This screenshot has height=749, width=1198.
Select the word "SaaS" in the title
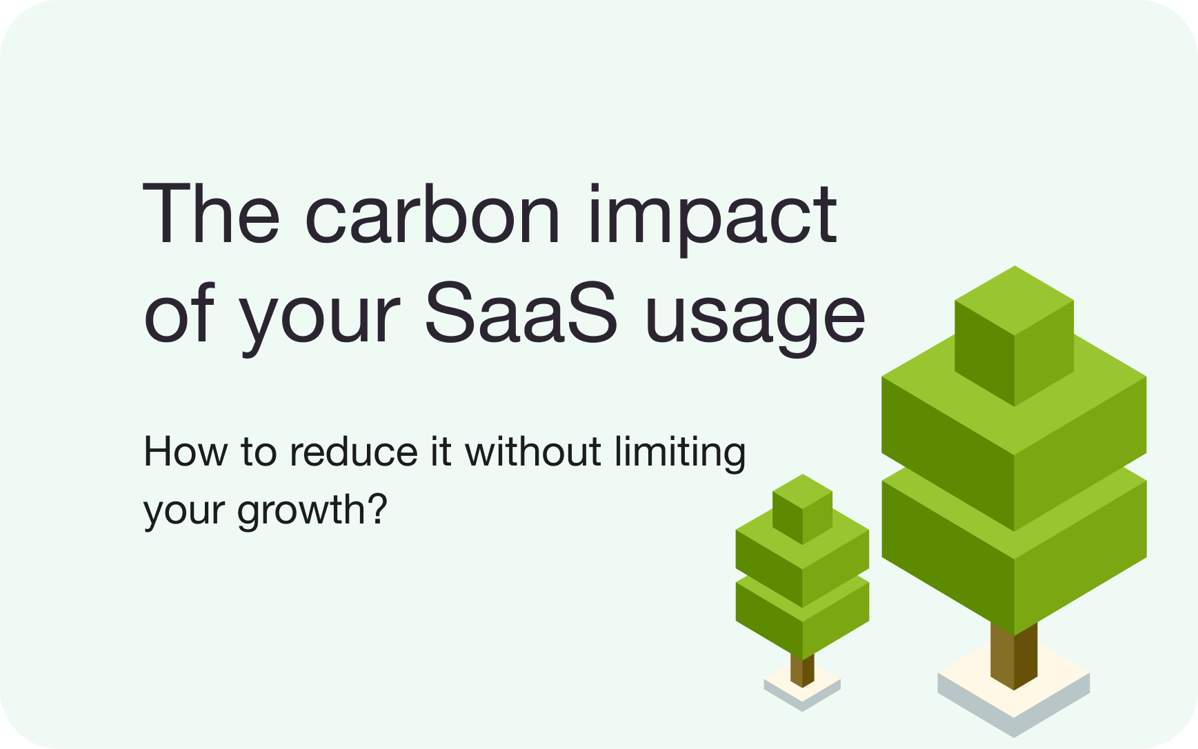(x=521, y=314)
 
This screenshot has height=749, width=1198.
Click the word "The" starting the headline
(x=211, y=214)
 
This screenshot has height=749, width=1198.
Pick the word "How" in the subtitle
(x=185, y=452)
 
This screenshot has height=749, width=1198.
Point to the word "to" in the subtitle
(x=258, y=452)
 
